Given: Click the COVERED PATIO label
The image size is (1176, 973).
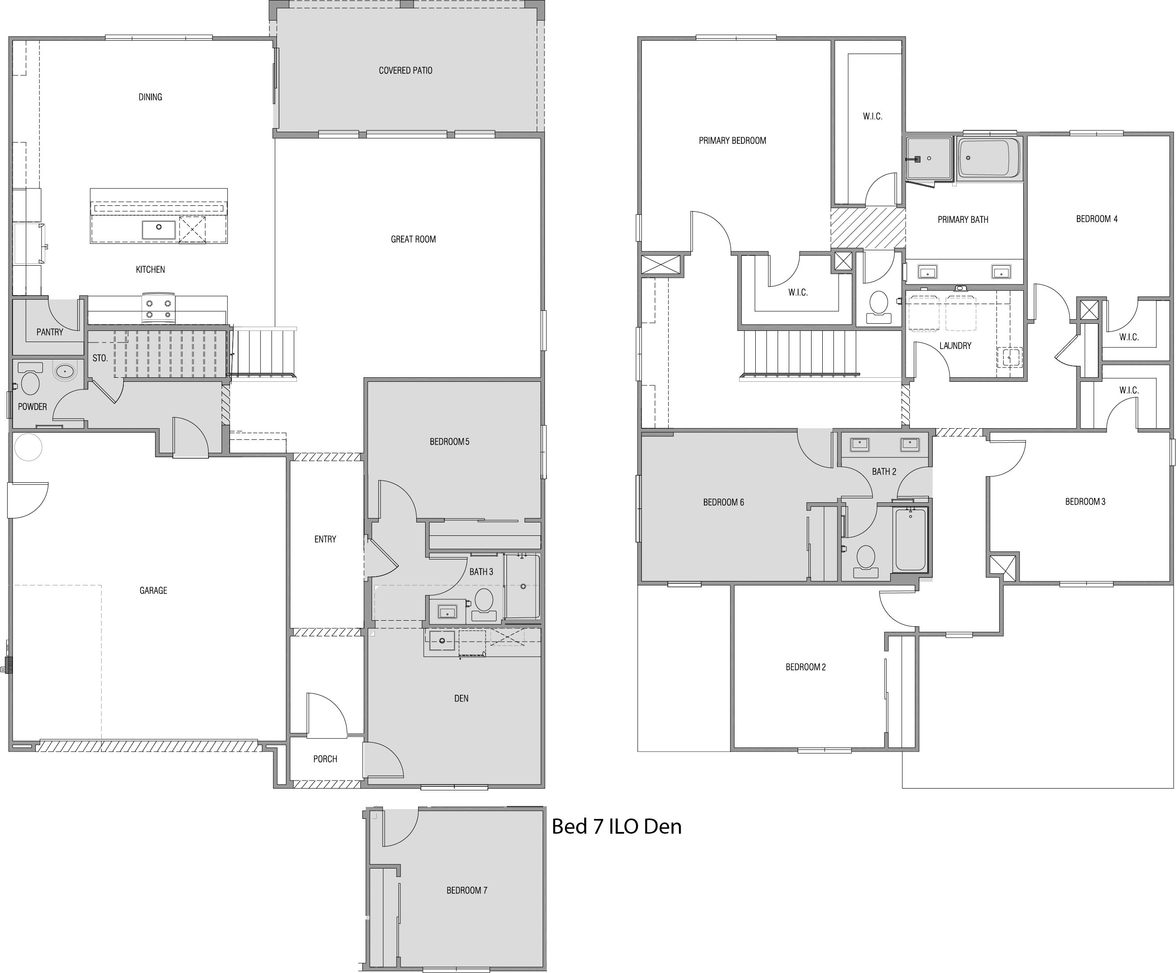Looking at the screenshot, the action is pyautogui.click(x=406, y=71).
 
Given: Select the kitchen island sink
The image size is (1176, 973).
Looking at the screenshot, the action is pyautogui.click(x=159, y=230).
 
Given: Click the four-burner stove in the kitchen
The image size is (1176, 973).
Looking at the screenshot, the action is pyautogui.click(x=159, y=309).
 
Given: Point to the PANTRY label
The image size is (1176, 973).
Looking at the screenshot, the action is pyautogui.click(x=50, y=332).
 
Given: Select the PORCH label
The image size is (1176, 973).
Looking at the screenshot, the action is pyautogui.click(x=325, y=759).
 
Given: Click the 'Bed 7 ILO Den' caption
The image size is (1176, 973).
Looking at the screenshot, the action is pyautogui.click(x=616, y=827).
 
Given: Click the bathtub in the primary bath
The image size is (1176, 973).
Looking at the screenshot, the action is pyautogui.click(x=989, y=158).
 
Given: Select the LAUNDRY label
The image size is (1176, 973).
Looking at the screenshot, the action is pyautogui.click(x=955, y=346).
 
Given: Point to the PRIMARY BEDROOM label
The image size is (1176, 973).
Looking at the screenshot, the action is pyautogui.click(x=732, y=141).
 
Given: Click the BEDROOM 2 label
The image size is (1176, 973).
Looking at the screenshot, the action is pyautogui.click(x=805, y=667).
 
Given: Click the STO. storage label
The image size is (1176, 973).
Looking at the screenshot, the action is pyautogui.click(x=100, y=358).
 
